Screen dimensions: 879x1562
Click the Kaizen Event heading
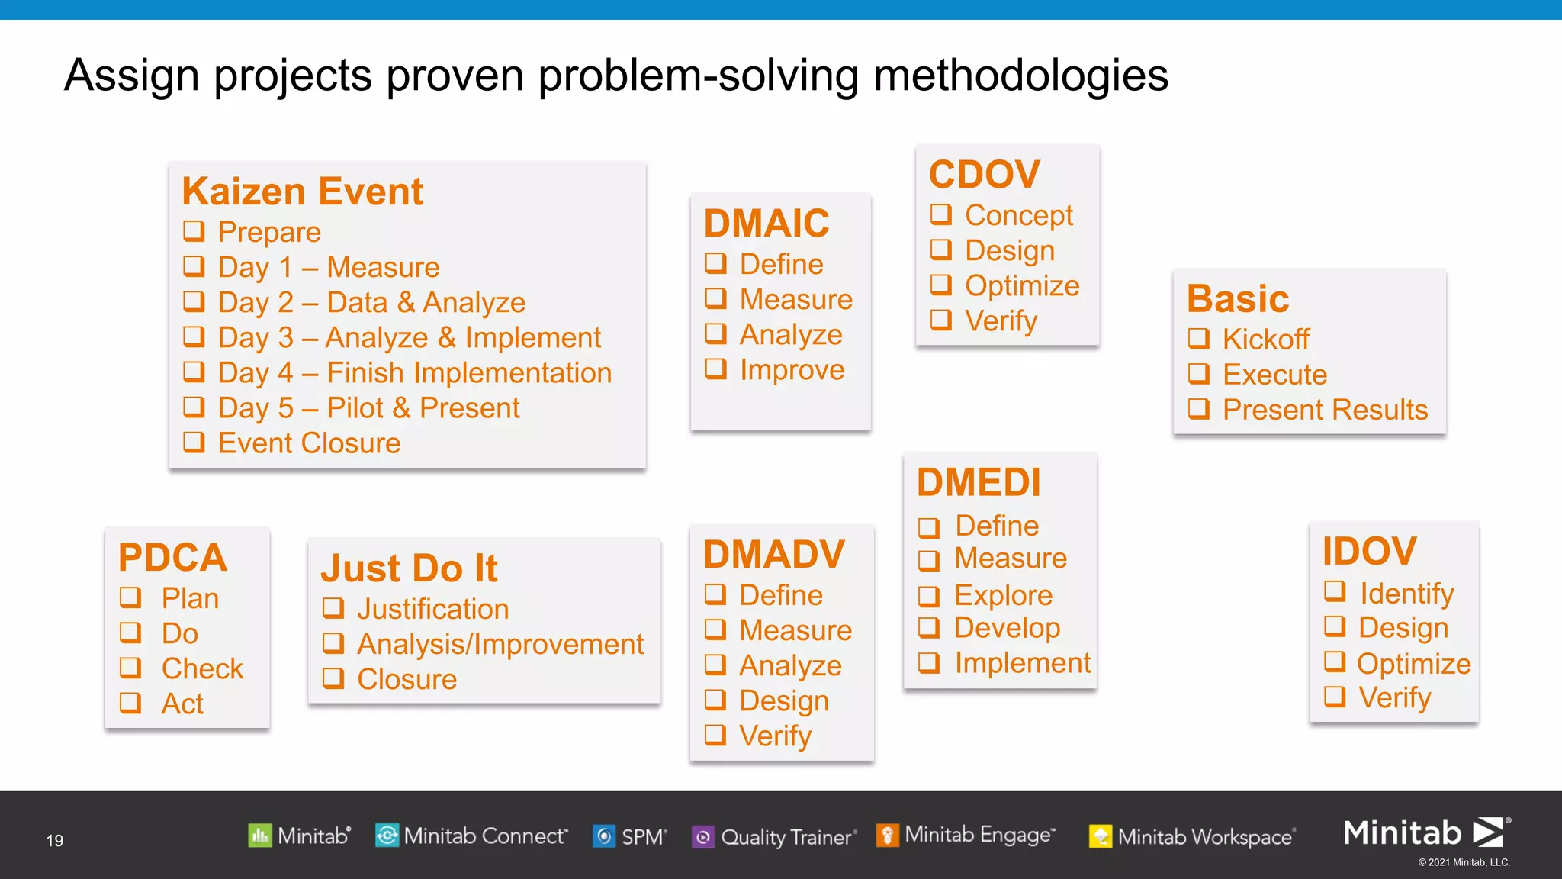pyautogui.click(x=302, y=192)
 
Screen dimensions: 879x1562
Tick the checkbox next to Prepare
pyautogui.click(x=194, y=230)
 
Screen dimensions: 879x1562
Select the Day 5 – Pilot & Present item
pyautogui.click(x=368, y=408)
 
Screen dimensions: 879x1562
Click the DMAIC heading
pyautogui.click(x=766, y=224)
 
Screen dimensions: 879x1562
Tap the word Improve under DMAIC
pyautogui.click(x=792, y=370)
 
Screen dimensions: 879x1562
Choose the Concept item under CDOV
pyautogui.click(x=1018, y=215)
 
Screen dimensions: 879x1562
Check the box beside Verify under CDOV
pyautogui.click(x=941, y=319)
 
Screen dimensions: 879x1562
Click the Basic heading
pyautogui.click(x=1237, y=298)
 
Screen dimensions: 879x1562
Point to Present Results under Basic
pyautogui.click(x=1325, y=410)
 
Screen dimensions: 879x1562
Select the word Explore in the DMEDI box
pyautogui.click(x=1003, y=595)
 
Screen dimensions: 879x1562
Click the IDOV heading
pyautogui.click(x=1369, y=551)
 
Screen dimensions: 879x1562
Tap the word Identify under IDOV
pyautogui.click(x=1406, y=593)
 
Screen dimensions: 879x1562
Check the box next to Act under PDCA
pyautogui.click(x=130, y=702)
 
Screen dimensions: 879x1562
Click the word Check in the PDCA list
pyautogui.click(x=202, y=668)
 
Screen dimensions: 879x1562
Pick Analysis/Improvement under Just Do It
pyautogui.click(x=500, y=645)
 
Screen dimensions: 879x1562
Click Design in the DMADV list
pyautogui.click(x=783, y=700)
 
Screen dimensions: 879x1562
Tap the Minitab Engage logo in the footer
pyautogui.click(x=966, y=836)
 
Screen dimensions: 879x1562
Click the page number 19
pyautogui.click(x=55, y=840)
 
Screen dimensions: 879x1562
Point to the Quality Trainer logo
pyautogui.click(x=774, y=837)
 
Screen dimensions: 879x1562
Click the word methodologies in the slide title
pyautogui.click(x=1020, y=76)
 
